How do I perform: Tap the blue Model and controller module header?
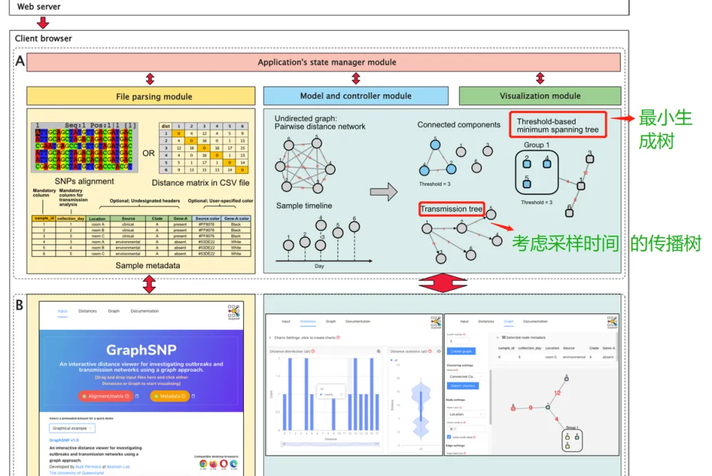point(355,96)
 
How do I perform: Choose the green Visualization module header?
point(540,96)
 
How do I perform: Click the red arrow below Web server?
point(43,22)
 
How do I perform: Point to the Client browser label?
point(44,39)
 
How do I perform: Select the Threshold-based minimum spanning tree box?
point(558,125)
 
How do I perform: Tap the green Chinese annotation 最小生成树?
point(665,129)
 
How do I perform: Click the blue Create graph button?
point(461,351)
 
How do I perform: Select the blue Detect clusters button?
point(464,386)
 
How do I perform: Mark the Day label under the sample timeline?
point(320,266)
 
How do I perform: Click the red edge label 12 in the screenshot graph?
point(557,393)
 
